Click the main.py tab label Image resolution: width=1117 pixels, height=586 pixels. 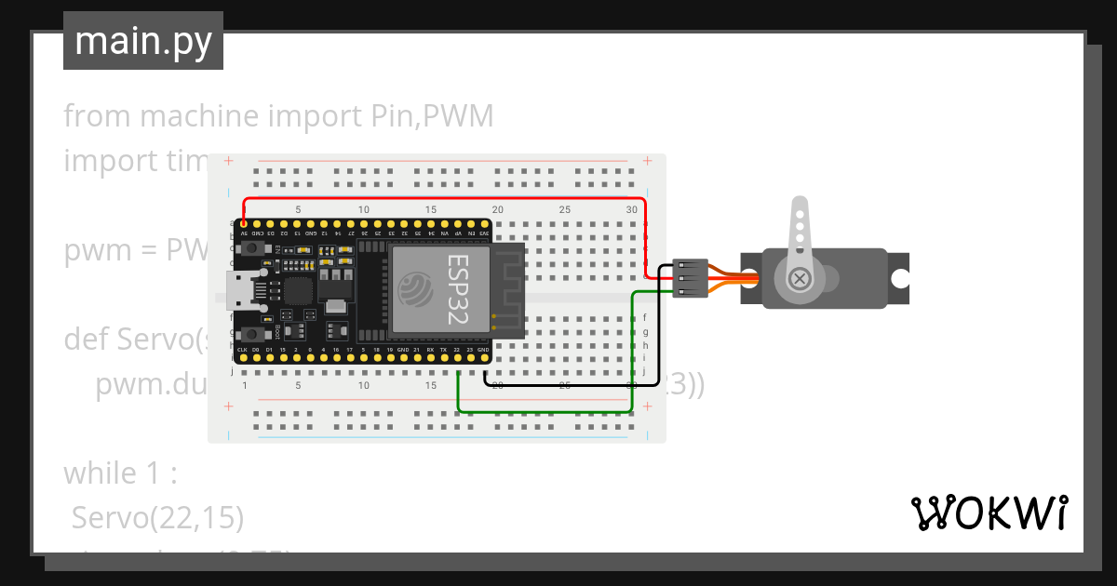[142, 41]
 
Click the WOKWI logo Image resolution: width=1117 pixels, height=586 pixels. [988, 513]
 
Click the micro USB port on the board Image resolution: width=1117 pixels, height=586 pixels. [243, 292]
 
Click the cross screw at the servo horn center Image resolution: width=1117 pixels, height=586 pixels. [799, 278]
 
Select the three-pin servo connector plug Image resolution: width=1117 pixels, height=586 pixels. [690, 278]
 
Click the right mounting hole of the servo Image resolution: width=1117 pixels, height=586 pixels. [899, 278]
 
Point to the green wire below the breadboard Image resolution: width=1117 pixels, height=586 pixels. [545, 411]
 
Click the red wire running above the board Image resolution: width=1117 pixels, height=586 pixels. [447, 198]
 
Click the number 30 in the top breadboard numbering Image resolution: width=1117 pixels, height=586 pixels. [632, 210]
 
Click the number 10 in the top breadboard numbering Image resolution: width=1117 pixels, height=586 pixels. [364, 210]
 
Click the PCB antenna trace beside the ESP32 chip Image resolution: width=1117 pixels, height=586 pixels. [507, 288]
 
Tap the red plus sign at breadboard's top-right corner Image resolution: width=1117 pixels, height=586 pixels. [646, 161]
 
